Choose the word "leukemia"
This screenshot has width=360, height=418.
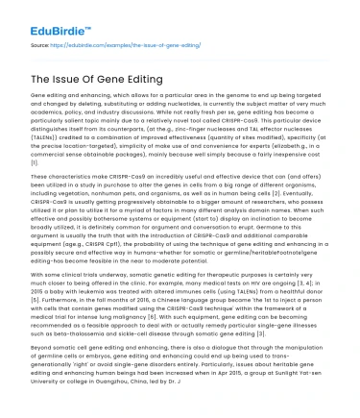(x=95, y=288)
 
